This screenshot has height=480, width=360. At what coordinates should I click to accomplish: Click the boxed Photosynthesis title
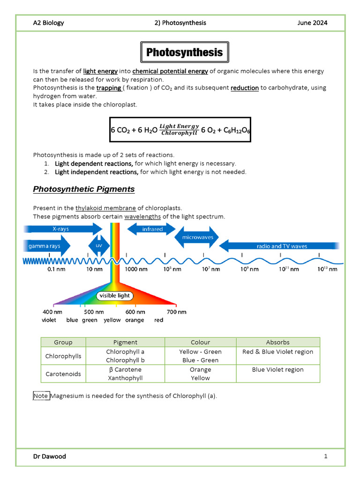pyautogui.click(x=184, y=52)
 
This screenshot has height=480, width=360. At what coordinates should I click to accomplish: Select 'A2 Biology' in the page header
pyautogui.click(x=48, y=22)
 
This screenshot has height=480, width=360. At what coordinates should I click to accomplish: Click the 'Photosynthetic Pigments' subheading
pyautogui.click(x=84, y=189)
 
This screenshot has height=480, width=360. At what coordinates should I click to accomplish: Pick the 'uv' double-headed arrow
pyautogui.click(x=99, y=245)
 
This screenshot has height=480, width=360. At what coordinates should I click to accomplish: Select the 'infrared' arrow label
pyautogui.click(x=152, y=229)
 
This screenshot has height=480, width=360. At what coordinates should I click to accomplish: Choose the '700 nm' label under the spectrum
pyautogui.click(x=176, y=312)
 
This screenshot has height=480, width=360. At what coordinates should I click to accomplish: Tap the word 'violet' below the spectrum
pyautogui.click(x=49, y=320)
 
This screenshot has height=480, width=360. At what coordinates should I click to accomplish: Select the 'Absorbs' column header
pyautogui.click(x=277, y=342)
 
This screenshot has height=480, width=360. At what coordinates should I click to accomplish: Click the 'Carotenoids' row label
pyautogui.click(x=63, y=374)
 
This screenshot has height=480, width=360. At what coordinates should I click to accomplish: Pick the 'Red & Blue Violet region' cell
pyautogui.click(x=277, y=352)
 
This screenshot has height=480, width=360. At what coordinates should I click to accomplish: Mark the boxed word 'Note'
pyautogui.click(x=41, y=396)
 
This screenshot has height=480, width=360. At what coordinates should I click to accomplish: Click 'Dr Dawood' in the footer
pyautogui.click(x=49, y=456)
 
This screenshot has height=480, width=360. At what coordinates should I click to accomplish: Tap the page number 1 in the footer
pyautogui.click(x=325, y=456)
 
